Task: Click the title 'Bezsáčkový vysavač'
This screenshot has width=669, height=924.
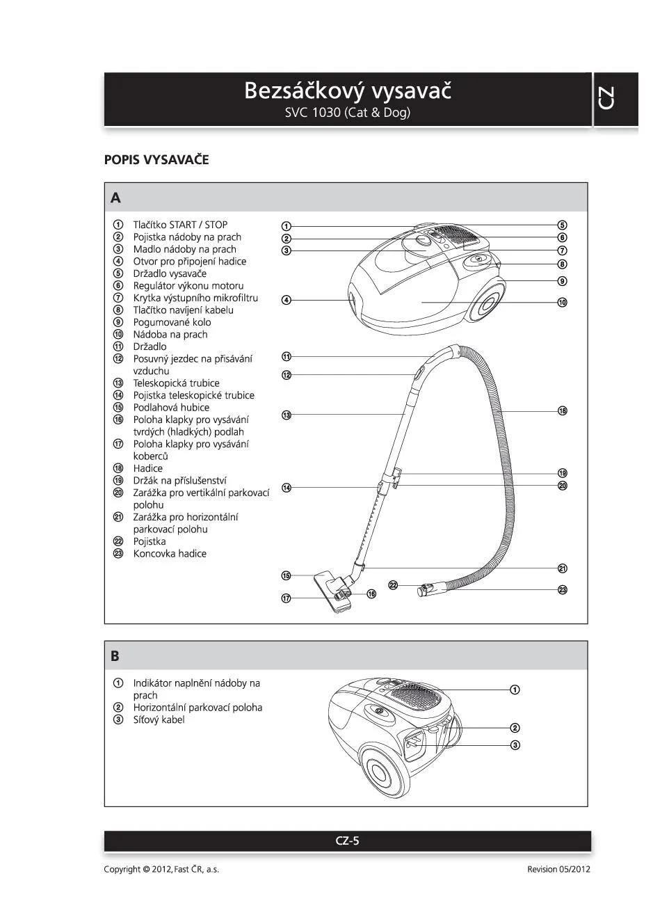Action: coord(348,90)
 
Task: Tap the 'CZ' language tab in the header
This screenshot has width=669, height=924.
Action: coord(606,98)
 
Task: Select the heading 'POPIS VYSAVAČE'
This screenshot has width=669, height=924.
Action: coord(156,159)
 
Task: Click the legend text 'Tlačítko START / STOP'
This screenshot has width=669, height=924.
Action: coord(180,225)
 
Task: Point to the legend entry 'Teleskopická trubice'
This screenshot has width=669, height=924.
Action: coord(176,383)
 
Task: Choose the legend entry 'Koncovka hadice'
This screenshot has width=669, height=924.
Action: coord(170,553)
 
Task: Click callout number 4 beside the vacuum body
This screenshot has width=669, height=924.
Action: coord(286,300)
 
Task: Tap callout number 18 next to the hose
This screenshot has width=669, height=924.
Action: coord(563,411)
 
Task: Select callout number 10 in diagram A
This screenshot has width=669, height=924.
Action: coord(562,302)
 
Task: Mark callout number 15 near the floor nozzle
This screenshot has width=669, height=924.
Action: coord(286,575)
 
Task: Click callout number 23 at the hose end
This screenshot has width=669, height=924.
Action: coord(563,589)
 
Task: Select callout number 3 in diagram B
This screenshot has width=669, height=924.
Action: coord(515,745)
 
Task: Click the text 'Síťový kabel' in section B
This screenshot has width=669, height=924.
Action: coord(159,719)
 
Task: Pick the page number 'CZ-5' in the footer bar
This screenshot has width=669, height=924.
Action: coord(347,841)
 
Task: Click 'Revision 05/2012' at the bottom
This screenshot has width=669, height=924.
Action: coord(558,869)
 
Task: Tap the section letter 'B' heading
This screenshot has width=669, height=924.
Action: coord(115,655)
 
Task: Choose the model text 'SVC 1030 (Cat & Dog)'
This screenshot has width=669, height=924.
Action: coord(348,113)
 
